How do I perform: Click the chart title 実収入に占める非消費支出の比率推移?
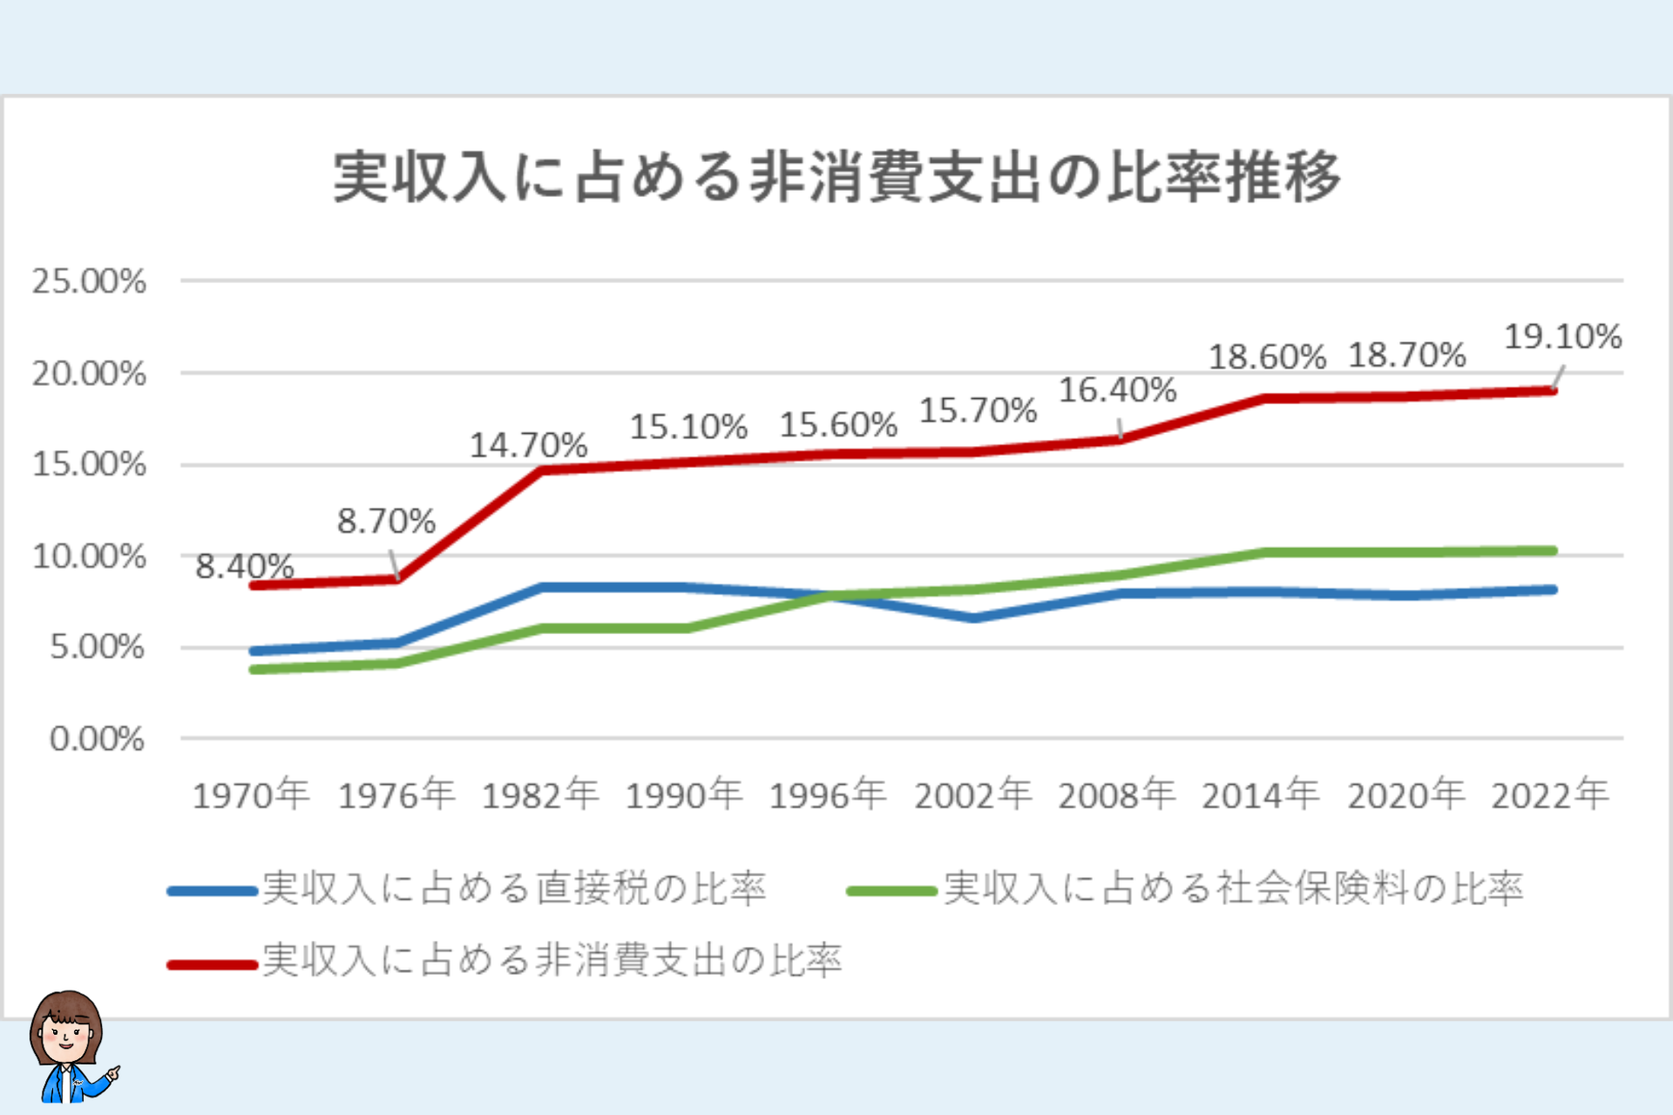836,177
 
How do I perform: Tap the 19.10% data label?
1562,336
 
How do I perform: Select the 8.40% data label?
244,566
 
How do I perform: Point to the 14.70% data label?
528,445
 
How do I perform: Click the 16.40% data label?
1117,390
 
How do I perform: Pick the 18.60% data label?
1266,357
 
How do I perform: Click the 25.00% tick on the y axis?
89,281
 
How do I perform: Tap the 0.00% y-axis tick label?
97,739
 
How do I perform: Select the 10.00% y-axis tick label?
89,556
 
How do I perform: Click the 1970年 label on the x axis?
251,794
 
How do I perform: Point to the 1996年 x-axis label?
827,794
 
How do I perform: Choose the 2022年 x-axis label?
1549,794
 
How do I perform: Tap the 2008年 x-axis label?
1116,794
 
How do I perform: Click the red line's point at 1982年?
542,470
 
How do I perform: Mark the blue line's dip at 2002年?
974,618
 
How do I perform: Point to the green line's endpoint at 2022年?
1554,551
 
